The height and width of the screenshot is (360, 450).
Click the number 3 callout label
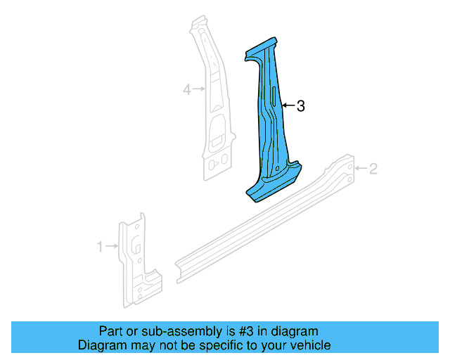tap(300, 106)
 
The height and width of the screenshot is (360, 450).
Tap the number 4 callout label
tap(187, 89)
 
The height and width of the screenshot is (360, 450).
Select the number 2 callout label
tap(373, 168)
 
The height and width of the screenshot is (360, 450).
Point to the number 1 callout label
tap(100, 246)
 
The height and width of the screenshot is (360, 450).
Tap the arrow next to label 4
tap(199, 89)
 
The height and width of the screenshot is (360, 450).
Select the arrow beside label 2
tap(361, 168)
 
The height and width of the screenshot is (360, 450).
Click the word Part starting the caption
tap(110, 331)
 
